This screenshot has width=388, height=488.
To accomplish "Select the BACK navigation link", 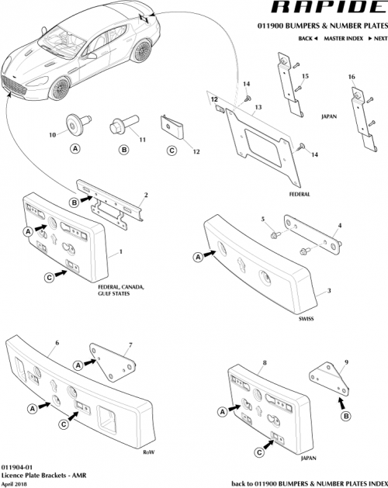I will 307,38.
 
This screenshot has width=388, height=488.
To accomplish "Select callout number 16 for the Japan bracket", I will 352,78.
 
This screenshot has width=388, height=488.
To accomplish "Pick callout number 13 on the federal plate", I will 258,107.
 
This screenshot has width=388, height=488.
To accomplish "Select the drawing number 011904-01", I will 20,463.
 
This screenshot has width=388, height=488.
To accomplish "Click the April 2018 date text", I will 16,482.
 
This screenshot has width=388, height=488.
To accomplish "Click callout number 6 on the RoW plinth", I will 57,342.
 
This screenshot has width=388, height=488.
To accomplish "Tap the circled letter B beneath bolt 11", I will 123,149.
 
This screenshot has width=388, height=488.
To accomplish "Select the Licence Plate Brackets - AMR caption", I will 42,472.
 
